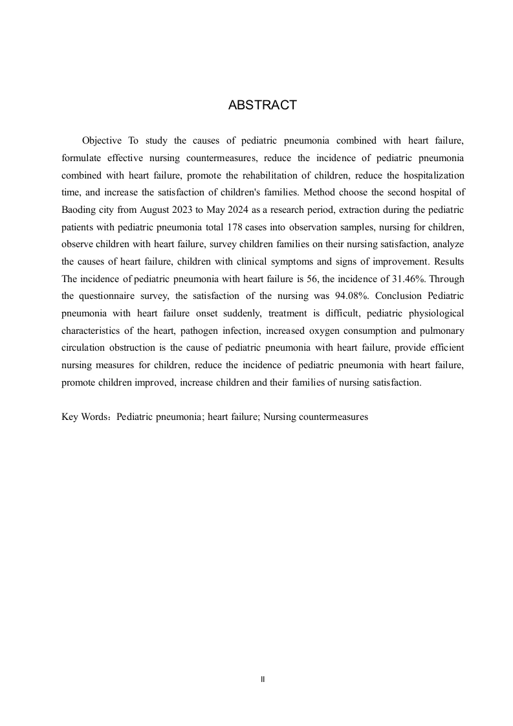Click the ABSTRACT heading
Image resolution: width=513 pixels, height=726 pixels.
(262, 105)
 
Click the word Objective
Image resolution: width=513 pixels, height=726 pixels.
(102, 140)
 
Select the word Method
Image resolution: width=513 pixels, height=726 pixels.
(320, 193)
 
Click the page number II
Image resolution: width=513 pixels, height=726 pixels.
(262, 679)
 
